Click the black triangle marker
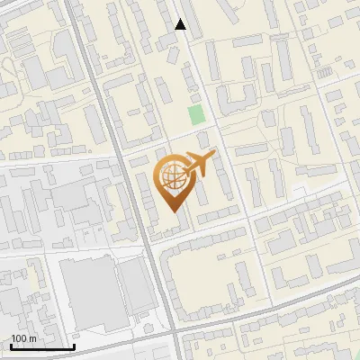[x=180, y=25]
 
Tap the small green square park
[x=196, y=115]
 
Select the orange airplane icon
[x=199, y=165]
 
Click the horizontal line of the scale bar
[x=41, y=346]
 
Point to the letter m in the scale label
[x=33, y=337]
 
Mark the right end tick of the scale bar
[x=73, y=345]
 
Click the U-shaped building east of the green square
[x=236, y=96]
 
